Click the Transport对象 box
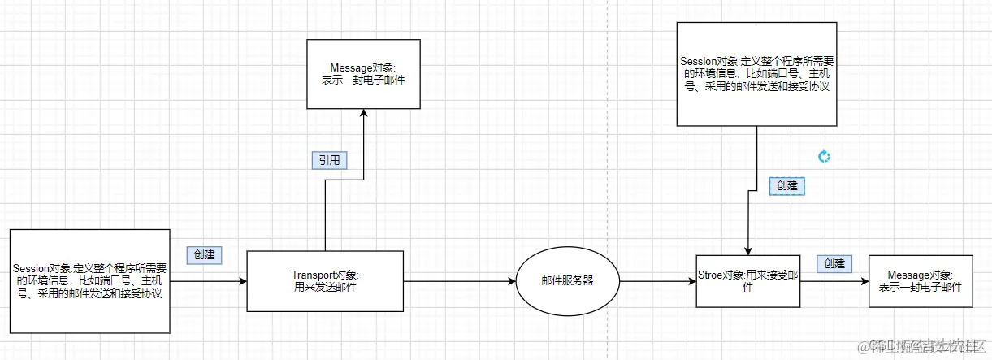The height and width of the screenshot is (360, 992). (x=324, y=281)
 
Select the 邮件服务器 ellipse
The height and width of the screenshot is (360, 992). (x=567, y=280)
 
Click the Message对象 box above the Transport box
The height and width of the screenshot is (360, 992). (x=363, y=74)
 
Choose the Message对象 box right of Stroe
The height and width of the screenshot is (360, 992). (x=920, y=281)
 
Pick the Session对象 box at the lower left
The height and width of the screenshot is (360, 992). (x=91, y=281)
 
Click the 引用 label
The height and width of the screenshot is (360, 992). (x=329, y=160)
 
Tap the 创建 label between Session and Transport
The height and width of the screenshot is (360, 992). (x=205, y=254)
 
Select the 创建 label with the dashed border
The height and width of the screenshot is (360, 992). (x=786, y=185)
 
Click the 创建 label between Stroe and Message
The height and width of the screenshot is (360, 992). (x=834, y=263)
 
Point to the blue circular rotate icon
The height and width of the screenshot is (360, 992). (x=824, y=156)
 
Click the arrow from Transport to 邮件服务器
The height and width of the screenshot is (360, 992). (x=459, y=281)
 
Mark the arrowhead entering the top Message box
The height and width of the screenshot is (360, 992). (x=363, y=115)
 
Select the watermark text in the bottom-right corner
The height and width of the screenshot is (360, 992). (x=926, y=345)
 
